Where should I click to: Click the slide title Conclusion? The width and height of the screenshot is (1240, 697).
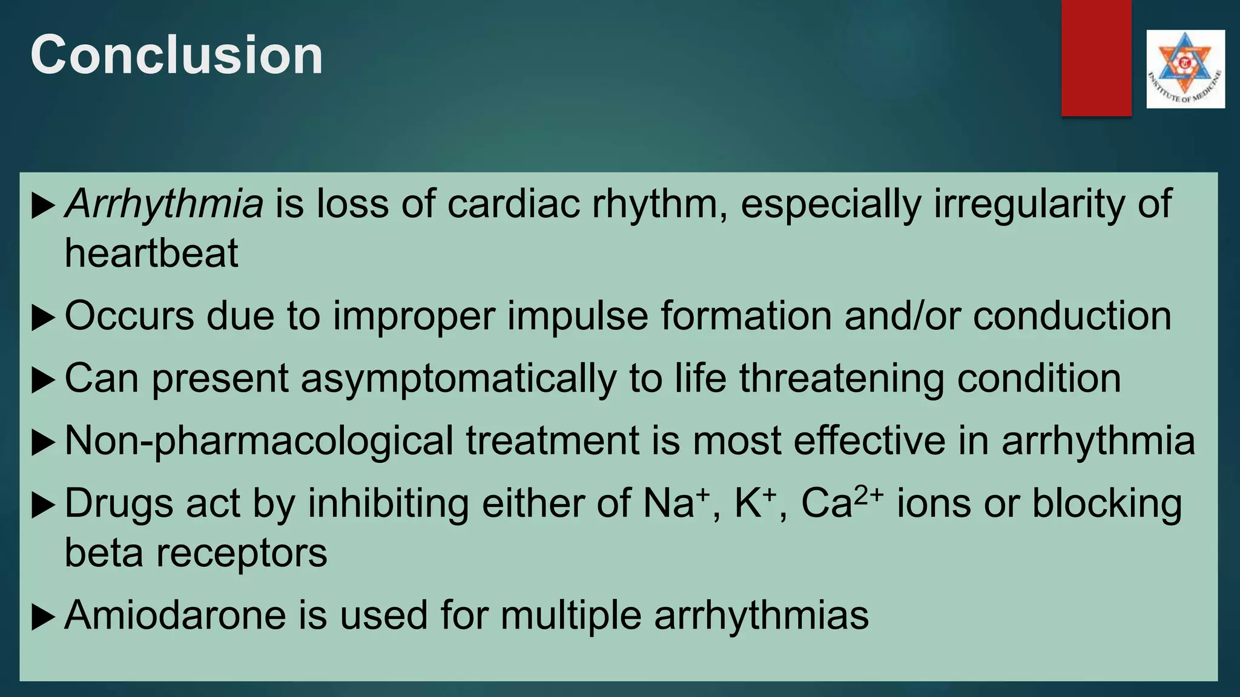coord(176,55)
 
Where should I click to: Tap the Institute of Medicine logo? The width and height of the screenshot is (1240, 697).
coord(1185,69)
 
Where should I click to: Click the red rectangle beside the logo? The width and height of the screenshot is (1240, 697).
coord(1096,57)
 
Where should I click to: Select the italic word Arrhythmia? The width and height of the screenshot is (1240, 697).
coord(164,204)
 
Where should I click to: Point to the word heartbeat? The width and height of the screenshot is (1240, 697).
coord(151,253)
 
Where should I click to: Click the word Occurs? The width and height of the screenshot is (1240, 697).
coord(129,316)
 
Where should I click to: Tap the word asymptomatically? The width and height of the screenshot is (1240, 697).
coord(458,379)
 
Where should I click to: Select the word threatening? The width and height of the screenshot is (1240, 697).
coord(842,379)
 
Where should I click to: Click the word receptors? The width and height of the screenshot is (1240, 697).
coord(242,553)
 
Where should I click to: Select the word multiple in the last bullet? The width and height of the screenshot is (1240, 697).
coord(571,615)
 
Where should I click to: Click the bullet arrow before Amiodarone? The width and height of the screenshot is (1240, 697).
coord(42,617)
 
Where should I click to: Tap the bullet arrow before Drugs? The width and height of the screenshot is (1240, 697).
coord(42,505)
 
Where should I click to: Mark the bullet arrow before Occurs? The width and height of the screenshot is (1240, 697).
coord(42,318)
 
